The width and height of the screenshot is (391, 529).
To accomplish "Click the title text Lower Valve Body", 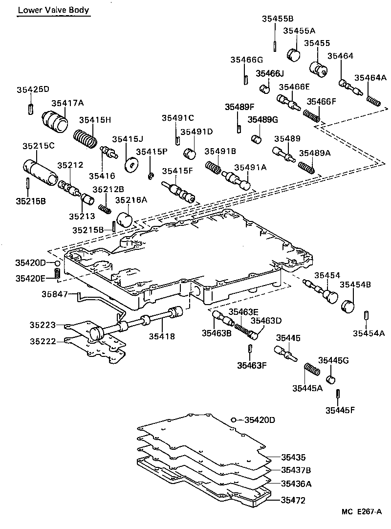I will tap(53, 10).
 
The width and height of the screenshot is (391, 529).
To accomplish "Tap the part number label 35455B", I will tap(277, 19).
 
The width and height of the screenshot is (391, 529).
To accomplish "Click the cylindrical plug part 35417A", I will tap(55, 120).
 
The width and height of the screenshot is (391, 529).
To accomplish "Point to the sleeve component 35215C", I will tap(41, 172).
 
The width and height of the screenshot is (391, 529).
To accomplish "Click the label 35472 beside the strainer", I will tap(293, 500).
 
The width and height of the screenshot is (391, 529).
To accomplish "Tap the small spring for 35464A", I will tap(374, 101).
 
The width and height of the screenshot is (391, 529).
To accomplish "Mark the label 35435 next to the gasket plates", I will tap(293, 458).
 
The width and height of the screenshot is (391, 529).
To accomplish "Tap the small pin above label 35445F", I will tap(338, 394).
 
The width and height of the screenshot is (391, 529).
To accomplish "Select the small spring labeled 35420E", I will tap(57, 275).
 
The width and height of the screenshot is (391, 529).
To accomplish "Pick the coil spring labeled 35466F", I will tap(311, 116).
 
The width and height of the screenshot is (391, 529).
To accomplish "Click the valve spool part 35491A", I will tap(237, 179).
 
